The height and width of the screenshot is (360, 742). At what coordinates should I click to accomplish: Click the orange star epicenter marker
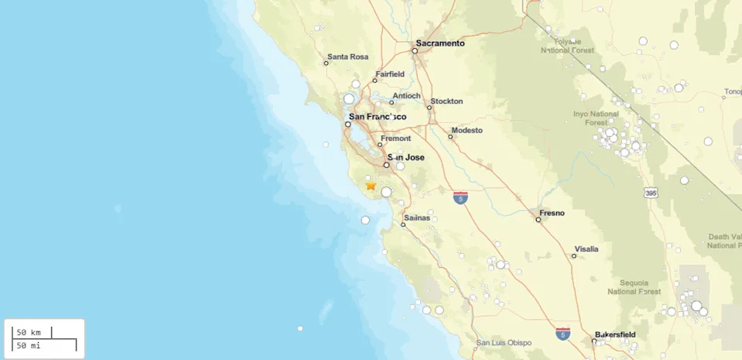coord(371,185)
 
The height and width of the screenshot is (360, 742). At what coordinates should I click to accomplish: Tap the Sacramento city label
coord(440,43)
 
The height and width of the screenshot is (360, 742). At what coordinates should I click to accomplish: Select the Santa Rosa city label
coord(347,57)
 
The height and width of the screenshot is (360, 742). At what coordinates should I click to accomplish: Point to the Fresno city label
coord(552,213)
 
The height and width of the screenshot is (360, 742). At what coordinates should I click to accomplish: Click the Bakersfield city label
coord(615,335)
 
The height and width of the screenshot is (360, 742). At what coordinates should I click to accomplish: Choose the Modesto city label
coord(467,130)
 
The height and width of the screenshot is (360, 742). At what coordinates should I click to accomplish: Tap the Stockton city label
coord(446,101)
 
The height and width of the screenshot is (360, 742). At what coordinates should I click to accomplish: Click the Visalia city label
coord(586,249)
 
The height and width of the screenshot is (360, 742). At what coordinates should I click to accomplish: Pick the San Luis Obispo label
coord(504,343)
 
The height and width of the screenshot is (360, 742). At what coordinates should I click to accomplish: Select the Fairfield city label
coord(390,74)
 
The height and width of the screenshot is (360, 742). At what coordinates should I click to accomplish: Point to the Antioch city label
coord(406,96)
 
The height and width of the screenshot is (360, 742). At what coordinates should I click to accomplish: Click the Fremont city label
coord(395,139)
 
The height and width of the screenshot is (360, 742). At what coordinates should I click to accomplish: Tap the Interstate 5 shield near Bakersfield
coord(562,334)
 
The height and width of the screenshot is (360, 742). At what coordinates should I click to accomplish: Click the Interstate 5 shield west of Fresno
coord(460,198)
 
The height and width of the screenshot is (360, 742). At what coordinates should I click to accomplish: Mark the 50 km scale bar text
coord(29,332)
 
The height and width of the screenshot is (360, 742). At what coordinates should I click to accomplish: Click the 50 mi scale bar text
coord(29,345)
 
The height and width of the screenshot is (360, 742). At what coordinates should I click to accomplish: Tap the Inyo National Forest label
coord(596,118)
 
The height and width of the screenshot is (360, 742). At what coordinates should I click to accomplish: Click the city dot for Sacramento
coord(415,51)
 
